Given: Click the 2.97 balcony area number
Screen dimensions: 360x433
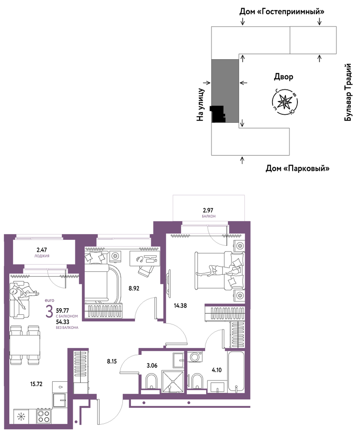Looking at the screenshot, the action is (208, 210).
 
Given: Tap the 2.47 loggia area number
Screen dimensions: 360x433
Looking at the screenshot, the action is (42, 250).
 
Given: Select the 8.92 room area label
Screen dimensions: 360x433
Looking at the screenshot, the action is (134, 288).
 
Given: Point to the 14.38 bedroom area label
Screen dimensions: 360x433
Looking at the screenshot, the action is (180, 306).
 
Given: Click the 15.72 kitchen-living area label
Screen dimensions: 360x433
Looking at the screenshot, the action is (36, 384).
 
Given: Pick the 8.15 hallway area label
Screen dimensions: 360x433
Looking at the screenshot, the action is (112, 361).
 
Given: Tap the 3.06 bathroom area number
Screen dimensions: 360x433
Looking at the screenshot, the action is (152, 366).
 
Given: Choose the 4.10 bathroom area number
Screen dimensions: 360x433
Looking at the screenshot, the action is (216, 370).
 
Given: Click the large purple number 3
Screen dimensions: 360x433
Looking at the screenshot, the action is (49, 312).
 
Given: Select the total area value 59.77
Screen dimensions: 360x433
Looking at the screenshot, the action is (63, 310).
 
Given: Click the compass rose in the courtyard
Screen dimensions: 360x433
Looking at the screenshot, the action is (285, 103).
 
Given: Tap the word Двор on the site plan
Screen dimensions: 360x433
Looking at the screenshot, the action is (283, 77).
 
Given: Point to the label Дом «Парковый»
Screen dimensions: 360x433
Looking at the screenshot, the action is (297, 168).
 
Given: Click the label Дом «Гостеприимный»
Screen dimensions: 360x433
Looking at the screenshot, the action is (282, 12).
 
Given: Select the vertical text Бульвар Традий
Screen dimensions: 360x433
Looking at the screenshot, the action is (348, 92).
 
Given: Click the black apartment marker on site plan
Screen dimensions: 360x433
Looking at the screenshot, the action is (218, 114).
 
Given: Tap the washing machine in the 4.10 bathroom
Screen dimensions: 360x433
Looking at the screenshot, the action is (195, 356).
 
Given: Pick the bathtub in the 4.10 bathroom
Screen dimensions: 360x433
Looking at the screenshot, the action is (236, 371).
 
